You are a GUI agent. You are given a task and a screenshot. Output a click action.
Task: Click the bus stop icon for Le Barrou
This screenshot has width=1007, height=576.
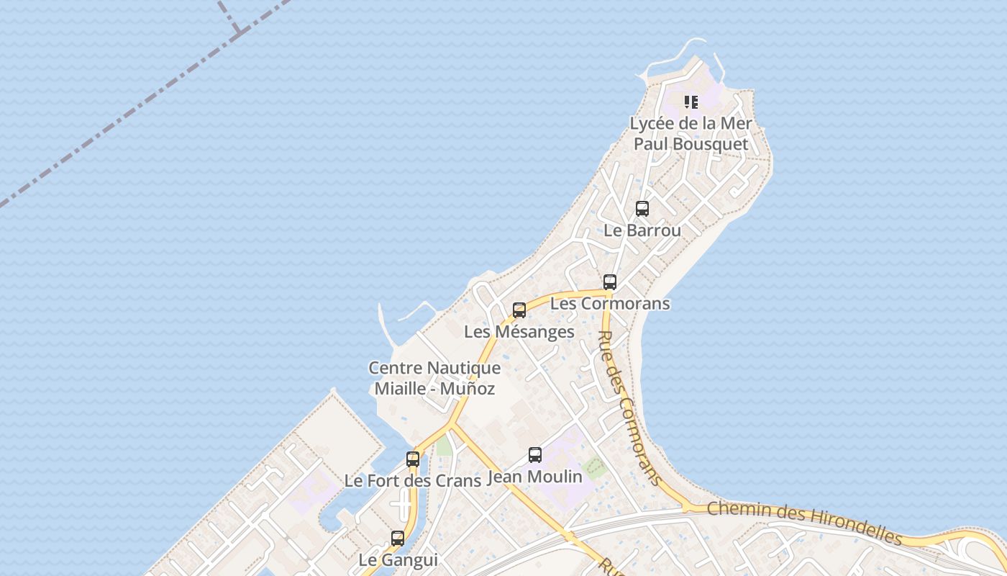pos(642,209)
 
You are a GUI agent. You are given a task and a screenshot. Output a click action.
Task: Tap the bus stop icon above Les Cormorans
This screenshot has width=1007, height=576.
pos(610,282)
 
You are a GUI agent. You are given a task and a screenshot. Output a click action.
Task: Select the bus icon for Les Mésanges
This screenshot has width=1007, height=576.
pos(519,310)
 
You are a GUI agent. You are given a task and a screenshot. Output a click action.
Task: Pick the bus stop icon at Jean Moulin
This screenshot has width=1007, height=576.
pos(535,455)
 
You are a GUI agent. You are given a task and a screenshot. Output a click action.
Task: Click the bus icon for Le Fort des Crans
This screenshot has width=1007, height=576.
pos(413,459)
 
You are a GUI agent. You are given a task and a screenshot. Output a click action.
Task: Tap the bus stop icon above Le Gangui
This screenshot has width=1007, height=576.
pos(398,538)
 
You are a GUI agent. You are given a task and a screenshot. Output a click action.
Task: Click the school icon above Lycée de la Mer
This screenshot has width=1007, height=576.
pos(691,102)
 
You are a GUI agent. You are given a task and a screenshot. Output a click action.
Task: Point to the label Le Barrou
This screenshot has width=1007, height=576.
pos(642,230)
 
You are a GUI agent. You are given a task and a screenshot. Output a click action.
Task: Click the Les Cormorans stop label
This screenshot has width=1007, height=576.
pos(610,303)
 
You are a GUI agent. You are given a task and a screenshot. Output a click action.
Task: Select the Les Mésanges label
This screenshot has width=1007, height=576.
pos(519,332)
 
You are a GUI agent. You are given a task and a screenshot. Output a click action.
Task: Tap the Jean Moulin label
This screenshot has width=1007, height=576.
pos(535,477)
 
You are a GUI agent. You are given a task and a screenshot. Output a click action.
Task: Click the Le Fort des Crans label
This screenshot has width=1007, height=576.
pos(413,480)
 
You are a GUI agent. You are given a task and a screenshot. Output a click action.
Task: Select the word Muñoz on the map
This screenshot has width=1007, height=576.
pos(468,389)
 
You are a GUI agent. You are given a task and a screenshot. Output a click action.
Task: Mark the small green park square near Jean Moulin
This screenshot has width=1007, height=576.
pos(594,469)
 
